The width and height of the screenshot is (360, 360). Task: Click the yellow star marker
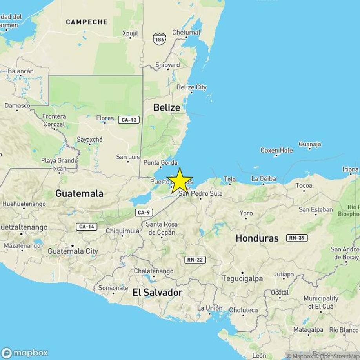point(180,180)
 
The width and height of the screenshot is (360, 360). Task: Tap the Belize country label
point(167,107)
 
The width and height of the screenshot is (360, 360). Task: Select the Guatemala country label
point(79,193)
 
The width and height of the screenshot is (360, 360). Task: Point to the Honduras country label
point(257,238)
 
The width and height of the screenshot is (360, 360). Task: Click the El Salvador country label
point(157,292)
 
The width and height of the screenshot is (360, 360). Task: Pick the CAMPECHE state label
point(87,22)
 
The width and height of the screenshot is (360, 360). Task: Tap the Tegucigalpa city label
point(242,278)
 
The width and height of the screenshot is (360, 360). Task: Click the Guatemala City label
point(73,251)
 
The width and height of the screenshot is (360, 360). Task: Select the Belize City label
point(191,87)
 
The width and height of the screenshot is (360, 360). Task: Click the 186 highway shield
point(159,39)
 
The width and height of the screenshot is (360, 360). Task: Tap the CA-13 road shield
point(129,120)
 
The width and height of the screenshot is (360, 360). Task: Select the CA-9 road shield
point(144,213)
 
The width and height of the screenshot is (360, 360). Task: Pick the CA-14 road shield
point(86,227)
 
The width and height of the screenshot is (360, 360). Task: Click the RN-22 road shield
point(195,260)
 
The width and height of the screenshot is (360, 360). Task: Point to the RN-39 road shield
point(297,238)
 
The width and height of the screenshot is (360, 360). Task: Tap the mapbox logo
point(24,353)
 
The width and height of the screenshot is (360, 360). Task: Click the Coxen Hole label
point(276,150)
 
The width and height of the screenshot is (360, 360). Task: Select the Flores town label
point(105,118)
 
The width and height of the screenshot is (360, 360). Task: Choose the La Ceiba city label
point(264,179)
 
